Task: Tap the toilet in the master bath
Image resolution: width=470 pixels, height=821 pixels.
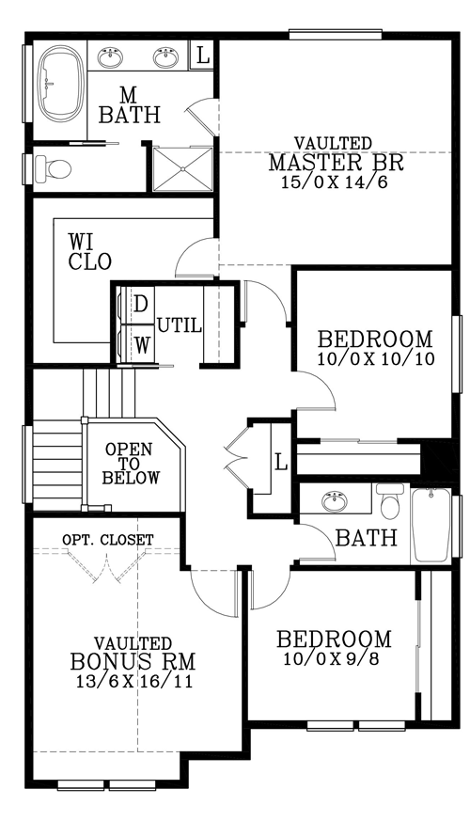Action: [53, 168]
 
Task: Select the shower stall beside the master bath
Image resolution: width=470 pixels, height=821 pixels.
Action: [182, 169]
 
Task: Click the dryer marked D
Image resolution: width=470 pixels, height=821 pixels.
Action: [135, 305]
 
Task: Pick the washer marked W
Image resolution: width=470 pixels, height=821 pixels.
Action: [135, 343]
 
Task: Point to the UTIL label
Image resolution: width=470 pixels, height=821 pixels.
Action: [180, 326]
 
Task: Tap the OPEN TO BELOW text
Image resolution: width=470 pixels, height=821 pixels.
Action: [131, 464]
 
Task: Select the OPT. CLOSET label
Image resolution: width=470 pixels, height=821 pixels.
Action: [107, 539]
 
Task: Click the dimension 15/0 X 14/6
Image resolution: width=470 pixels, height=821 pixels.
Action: [334, 182]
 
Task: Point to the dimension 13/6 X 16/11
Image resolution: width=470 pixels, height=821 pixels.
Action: [133, 681]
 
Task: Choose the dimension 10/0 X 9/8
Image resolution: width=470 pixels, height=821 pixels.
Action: [331, 658]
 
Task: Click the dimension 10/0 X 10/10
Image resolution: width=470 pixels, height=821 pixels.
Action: [375, 359]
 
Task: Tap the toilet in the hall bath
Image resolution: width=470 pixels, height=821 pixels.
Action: [389, 501]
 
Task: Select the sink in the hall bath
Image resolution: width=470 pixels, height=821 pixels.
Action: [335, 502]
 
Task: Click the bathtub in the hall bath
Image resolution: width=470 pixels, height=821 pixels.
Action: [431, 525]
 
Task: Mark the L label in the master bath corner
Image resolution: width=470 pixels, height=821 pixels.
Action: [202, 55]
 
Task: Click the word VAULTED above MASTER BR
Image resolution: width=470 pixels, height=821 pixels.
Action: [334, 143]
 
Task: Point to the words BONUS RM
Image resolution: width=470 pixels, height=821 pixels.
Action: [133, 661]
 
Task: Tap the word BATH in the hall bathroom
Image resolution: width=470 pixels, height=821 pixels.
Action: [366, 538]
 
